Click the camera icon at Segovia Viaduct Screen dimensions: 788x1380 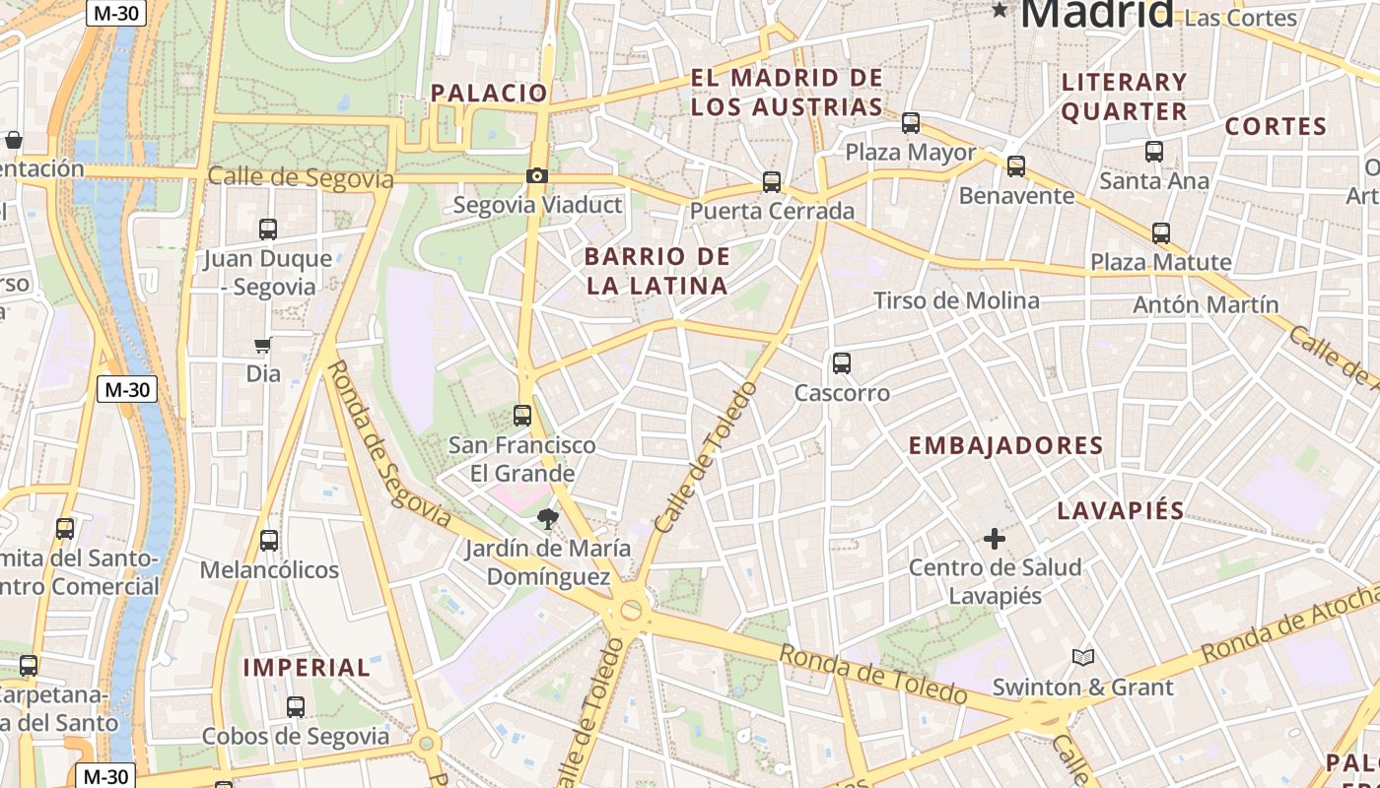536,176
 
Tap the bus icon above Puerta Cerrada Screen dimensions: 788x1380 772,182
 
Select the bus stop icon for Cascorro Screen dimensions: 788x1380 841,363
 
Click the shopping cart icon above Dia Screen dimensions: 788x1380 263,346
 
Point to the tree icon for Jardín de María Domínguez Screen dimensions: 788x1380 546,518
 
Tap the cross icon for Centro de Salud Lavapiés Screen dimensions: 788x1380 995,539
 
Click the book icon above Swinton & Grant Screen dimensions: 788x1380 1082,657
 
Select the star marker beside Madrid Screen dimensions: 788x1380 1000,11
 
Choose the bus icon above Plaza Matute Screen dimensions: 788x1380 1161,233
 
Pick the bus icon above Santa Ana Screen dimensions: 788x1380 1154,152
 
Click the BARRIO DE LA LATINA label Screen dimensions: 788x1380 657,272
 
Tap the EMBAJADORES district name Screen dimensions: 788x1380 1005,445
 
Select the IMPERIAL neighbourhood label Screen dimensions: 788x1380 307,667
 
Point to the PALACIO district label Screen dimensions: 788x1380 489,93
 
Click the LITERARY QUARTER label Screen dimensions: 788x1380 1125,97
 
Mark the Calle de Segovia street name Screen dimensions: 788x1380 301,178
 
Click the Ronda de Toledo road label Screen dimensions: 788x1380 872,674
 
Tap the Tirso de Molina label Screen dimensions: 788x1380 956,300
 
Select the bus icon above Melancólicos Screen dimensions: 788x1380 269,541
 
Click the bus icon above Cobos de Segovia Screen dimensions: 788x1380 296,707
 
